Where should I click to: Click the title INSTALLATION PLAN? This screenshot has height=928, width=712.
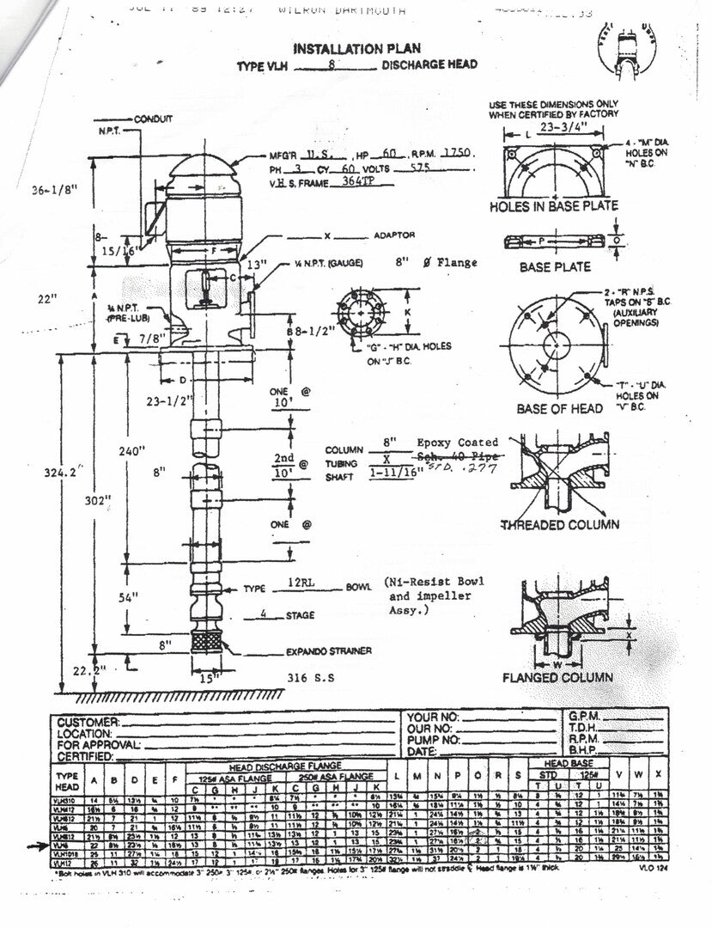357,49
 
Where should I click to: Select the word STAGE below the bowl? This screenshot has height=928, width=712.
300,615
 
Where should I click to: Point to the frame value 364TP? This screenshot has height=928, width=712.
350,183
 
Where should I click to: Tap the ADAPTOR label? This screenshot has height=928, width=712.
394,235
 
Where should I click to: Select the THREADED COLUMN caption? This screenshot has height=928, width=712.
557,525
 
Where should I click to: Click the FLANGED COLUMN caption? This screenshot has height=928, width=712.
557,677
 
